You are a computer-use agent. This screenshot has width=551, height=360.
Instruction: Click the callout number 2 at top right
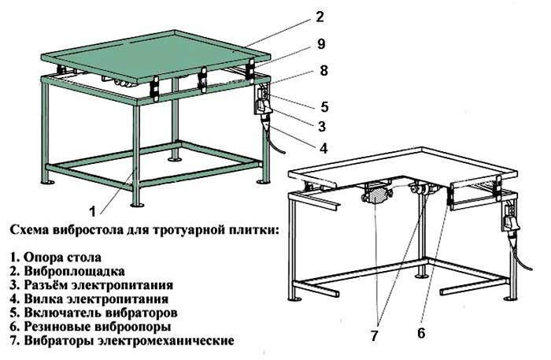point(319,15)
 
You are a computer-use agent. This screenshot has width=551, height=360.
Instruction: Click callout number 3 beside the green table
point(322,125)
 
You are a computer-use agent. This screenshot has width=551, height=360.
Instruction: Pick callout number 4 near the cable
point(323,147)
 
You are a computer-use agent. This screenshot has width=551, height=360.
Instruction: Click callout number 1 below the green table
point(93,210)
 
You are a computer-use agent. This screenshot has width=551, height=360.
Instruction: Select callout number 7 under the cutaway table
point(375,334)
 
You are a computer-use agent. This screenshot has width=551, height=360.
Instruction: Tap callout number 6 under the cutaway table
point(420,332)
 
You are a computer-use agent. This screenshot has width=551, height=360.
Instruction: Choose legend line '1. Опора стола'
point(57,257)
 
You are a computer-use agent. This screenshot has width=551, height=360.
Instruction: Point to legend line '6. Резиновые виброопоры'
point(91,326)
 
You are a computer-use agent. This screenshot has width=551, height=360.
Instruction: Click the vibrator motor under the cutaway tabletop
point(376,192)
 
